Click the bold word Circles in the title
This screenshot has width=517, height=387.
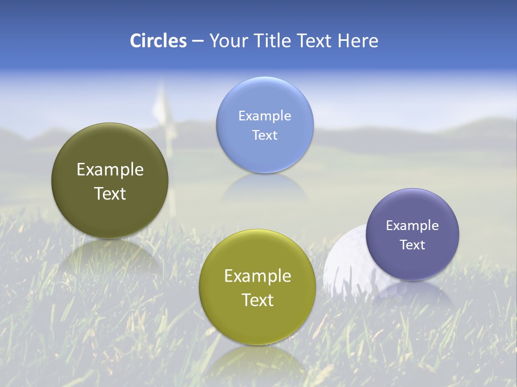click(158, 41)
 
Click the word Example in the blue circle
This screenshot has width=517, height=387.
click(265, 116)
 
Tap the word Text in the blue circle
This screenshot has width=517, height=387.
click(265, 135)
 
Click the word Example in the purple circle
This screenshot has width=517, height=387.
click(413, 225)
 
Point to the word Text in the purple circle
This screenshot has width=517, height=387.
click(413, 245)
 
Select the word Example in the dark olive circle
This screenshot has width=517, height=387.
click(110, 169)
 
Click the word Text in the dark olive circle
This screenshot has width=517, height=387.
click(110, 193)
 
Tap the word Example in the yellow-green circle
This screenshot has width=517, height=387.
click(257, 276)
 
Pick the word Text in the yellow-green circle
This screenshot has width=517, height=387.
click(257, 300)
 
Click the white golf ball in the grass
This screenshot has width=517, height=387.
click(345, 263)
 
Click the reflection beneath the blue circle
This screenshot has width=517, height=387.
click(264, 188)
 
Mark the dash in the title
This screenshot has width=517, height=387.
click(198, 41)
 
